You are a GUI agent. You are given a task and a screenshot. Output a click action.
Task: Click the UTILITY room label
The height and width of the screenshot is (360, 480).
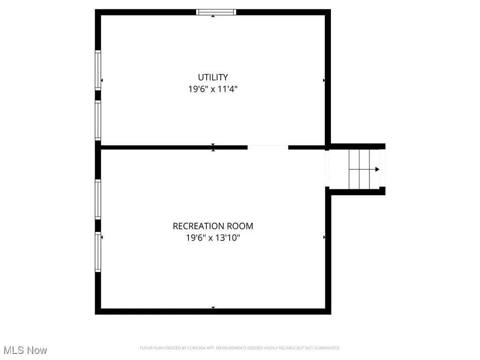tap(213, 77)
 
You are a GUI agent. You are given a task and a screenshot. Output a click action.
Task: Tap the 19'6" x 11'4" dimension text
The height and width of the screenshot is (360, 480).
tap(213, 89)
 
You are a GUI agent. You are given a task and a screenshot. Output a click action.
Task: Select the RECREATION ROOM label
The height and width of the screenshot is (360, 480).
tap(213, 226)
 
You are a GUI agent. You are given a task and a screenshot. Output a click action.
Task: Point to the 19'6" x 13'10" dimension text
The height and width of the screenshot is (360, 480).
tap(213, 238)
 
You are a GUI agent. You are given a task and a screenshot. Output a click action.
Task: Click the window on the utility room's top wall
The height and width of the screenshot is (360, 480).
tap(216, 12)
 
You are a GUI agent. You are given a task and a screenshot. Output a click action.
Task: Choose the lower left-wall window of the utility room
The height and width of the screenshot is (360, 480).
tap(98, 120)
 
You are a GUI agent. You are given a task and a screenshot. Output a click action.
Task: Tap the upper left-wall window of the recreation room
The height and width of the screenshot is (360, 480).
tap(98, 199)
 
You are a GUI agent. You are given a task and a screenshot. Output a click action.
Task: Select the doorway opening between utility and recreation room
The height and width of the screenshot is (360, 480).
tap(268, 147)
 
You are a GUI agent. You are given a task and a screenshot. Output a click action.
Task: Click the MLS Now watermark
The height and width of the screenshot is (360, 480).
tap(25, 350)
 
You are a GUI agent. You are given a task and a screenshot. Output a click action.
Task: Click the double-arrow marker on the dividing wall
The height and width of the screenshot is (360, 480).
tap(213, 147)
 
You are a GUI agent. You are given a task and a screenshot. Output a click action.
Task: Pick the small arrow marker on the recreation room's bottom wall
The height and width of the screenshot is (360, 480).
tap(213, 307)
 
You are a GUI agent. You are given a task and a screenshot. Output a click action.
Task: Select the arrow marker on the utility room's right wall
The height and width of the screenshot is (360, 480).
tap(324, 81)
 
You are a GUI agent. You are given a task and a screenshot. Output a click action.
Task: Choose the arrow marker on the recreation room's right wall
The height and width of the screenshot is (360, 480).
tap(324, 238)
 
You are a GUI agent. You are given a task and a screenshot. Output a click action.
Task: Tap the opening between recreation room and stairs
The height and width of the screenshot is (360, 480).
tap(327, 169)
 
